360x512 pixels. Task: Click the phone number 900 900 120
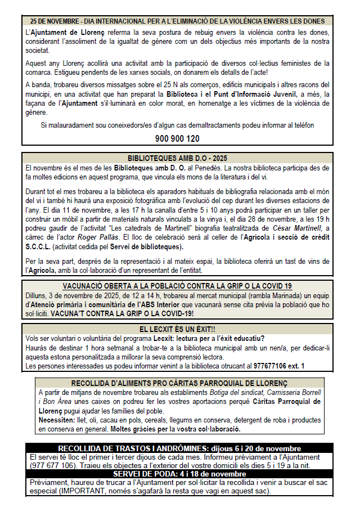pos(177,138)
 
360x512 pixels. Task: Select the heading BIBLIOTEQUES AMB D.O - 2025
pos(178,159)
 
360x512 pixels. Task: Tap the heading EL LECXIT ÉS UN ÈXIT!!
pos(178,329)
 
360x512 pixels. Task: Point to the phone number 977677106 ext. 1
pos(279,366)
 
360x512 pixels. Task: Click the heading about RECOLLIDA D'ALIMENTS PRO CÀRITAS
pos(179,383)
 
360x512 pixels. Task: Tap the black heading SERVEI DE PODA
pos(179,474)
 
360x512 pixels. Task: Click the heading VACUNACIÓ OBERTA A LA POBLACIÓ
pos(177,285)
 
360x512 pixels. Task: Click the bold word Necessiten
pos(58,420)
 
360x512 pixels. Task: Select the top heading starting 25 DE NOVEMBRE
pos(178,21)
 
